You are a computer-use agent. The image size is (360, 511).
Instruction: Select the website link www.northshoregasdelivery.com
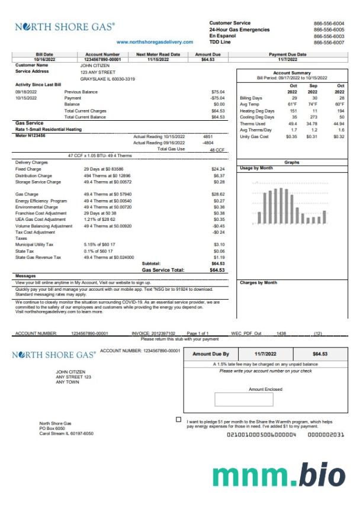click(x=155, y=43)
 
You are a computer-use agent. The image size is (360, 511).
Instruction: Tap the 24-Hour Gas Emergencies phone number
click(x=329, y=30)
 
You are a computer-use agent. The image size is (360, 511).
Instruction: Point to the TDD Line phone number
click(x=329, y=43)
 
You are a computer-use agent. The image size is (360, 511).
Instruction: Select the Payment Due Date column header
click(x=288, y=54)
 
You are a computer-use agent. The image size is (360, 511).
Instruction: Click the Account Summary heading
click(x=292, y=73)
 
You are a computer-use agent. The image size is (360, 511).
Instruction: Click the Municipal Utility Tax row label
click(x=34, y=244)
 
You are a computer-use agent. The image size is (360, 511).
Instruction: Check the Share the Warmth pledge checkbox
click(x=179, y=419)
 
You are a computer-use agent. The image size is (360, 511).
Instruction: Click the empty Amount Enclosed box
click(x=244, y=400)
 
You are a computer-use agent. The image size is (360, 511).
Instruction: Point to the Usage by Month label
click(x=256, y=168)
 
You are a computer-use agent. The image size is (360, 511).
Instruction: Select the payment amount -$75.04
click(x=217, y=98)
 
